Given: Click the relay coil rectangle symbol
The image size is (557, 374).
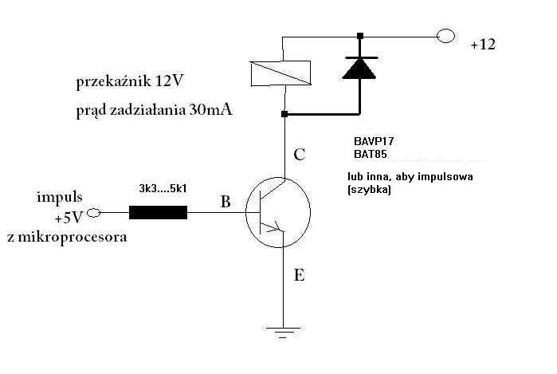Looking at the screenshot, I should point(283,73).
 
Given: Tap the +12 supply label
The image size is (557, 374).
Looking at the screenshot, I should point(482,45).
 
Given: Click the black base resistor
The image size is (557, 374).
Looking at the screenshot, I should point(158,213).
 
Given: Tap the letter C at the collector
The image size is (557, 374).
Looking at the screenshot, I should point(299,155).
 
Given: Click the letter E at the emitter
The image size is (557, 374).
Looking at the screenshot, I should point(299,276).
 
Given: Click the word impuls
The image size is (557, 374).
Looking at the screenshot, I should point(60,197).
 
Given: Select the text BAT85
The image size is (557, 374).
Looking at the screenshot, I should point(370,153).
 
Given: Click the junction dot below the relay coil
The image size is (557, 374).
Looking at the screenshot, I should point(284,114).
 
